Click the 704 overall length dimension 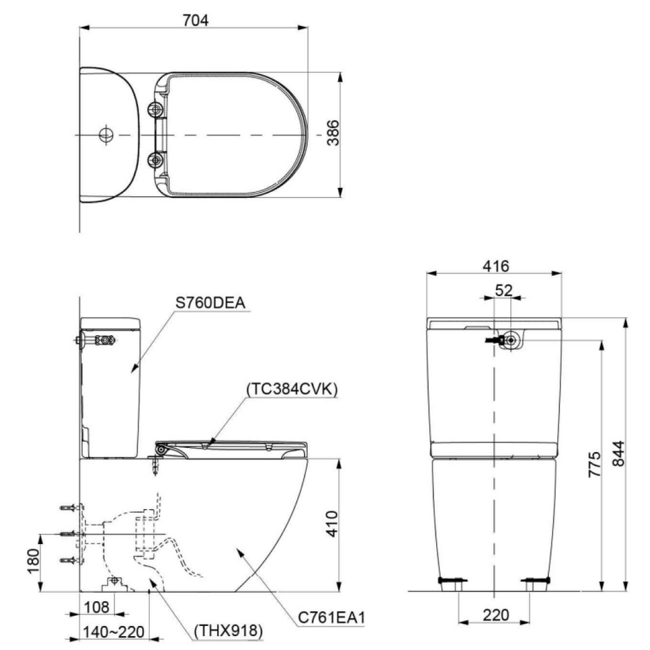pos(195,20)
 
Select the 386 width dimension pos(333,133)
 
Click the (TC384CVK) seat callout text pos(292,388)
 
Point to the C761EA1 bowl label pos(333,616)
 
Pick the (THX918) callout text pos(228,632)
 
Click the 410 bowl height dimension pos(333,524)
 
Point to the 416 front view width pos(495,266)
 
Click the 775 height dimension pos(594,467)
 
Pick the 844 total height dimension pos(618,454)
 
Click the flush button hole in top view pos(105,135)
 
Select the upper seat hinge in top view pos(154,110)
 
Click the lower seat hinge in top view pos(154,159)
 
